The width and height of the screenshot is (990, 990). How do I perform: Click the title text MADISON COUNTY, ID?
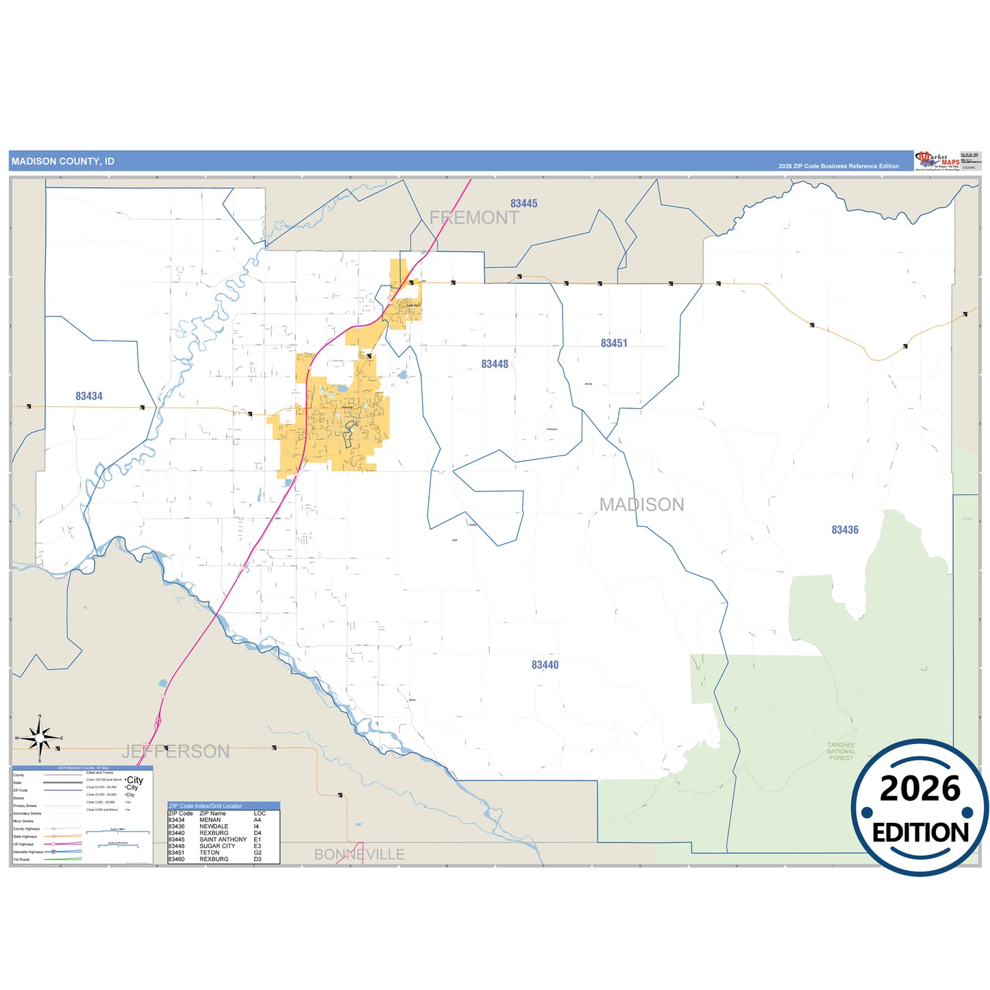63,162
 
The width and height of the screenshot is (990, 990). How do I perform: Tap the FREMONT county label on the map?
474,218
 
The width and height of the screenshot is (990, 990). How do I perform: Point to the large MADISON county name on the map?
641,505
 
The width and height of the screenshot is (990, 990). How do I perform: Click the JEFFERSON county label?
175,752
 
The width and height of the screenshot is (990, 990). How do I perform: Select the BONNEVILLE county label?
359,854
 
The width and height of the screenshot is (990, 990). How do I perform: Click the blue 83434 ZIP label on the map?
89,396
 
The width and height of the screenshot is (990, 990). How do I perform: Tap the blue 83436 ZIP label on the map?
845,530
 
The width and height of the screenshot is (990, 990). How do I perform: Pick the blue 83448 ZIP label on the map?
495,364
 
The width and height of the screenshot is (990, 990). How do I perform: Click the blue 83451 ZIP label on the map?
614,343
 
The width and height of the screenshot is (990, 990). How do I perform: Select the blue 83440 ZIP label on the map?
545,665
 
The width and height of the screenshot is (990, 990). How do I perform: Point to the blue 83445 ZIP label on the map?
523,203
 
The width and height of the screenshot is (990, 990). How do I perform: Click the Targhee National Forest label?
841,752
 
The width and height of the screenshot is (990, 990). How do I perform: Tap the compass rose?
40,739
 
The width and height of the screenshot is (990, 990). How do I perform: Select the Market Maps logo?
937,161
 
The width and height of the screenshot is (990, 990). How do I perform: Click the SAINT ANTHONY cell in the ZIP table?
223,839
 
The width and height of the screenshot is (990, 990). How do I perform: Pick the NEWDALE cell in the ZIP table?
214,826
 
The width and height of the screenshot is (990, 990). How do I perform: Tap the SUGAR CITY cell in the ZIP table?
217,846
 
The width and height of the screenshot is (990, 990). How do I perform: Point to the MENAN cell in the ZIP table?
210,820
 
